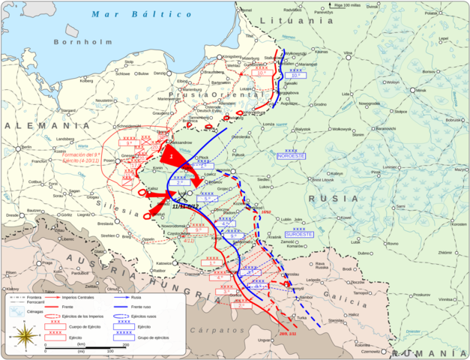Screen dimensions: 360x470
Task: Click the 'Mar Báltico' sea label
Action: pyautogui.click(x=121, y=14)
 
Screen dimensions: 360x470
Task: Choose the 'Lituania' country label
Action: pyautogui.click(x=307, y=22)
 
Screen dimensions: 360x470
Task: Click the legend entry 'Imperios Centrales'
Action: pyautogui.click(x=85, y=298)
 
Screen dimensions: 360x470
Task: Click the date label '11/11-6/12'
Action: pyautogui.click(x=184, y=206)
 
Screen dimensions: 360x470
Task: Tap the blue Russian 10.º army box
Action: pyautogui.click(x=295, y=74)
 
